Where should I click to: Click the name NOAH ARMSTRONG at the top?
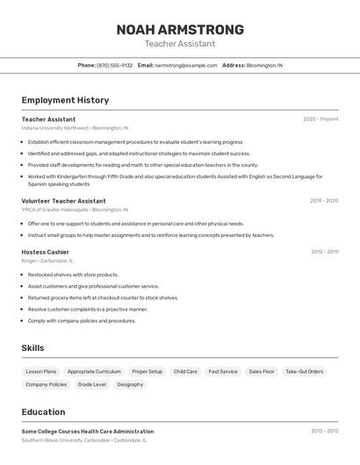point(180,29)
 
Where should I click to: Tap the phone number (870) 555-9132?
point(115,66)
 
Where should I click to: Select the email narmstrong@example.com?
point(185,66)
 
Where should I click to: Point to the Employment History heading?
point(65,100)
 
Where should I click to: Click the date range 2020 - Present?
point(320,119)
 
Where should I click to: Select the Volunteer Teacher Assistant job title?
point(63,201)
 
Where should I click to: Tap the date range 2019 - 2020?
point(323,201)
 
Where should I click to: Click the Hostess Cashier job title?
point(45,252)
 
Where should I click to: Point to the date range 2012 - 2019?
point(324,252)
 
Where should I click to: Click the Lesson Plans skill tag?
point(40,371)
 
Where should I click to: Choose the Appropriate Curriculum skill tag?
point(94,371)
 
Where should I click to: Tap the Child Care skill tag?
point(185,371)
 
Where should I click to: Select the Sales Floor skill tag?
point(262,371)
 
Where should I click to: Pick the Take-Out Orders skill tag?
point(305,371)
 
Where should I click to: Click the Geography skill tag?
point(130,384)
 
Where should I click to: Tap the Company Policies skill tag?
point(46,384)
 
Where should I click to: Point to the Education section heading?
point(43,412)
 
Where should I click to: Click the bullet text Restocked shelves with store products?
point(73,275)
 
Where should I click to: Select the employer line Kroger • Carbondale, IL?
point(47,261)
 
